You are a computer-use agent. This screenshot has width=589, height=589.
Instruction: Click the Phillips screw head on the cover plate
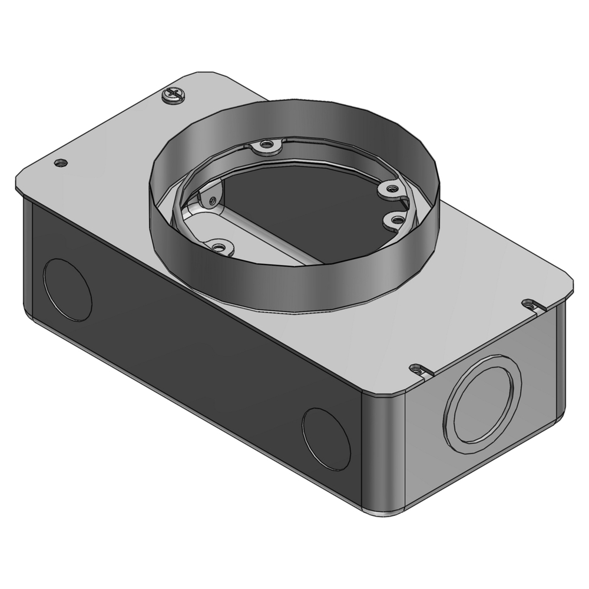pos(171,95)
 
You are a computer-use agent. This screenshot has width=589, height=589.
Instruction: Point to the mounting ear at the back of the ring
pos(266,144)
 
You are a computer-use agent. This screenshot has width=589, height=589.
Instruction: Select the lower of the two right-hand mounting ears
pos(396,220)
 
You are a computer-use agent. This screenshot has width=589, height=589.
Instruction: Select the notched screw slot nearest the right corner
pos(532,305)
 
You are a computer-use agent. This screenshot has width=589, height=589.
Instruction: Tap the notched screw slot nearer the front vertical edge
pos(420,370)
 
